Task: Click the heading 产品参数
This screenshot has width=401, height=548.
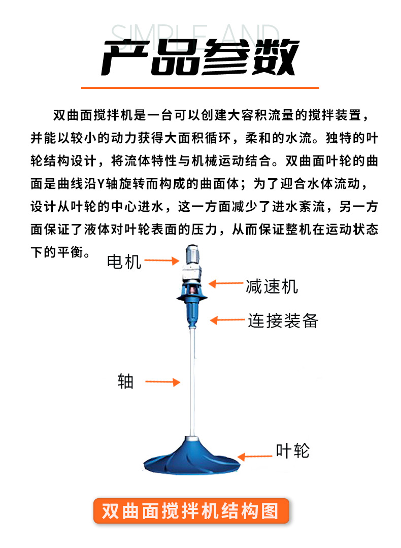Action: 200,56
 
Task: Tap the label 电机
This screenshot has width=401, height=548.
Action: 124,262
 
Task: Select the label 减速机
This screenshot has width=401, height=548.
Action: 272,286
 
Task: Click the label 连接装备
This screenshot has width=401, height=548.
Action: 283,321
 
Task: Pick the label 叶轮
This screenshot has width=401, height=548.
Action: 292,450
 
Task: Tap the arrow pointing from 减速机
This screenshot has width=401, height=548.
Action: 225,284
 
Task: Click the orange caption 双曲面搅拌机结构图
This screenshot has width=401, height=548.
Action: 191,510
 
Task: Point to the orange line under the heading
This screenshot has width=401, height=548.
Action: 200,88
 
